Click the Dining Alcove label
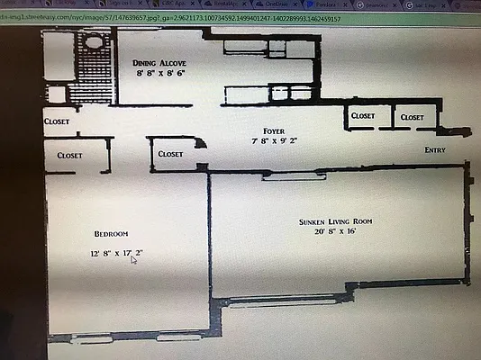coord(159,63)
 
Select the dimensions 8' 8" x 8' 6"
coord(159,75)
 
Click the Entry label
coord(435,151)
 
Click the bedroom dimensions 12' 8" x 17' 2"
coord(116,253)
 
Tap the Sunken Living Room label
coord(336,220)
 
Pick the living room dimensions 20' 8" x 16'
coord(334,232)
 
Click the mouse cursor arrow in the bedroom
coord(133,260)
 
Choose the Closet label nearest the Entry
coord(413,117)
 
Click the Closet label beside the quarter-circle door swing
coord(170,154)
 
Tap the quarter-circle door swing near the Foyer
coord(201,144)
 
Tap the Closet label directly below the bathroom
coord(57,121)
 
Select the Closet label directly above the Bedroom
coord(70,155)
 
